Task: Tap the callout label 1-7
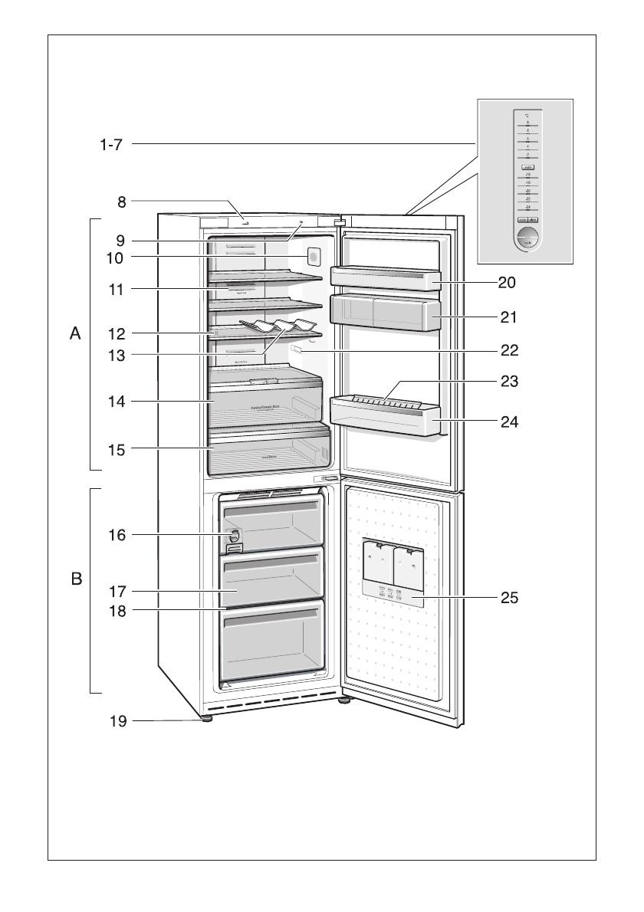click(x=111, y=143)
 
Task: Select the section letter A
click(x=75, y=333)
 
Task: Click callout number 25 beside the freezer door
click(x=508, y=597)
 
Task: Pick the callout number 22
click(x=508, y=351)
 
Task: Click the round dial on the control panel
click(x=527, y=238)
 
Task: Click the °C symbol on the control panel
click(x=527, y=116)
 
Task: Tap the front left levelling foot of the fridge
click(x=207, y=719)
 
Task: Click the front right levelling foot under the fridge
click(x=344, y=700)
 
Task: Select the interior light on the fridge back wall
click(x=312, y=256)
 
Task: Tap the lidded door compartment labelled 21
click(x=383, y=312)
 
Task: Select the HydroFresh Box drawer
click(x=264, y=402)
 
